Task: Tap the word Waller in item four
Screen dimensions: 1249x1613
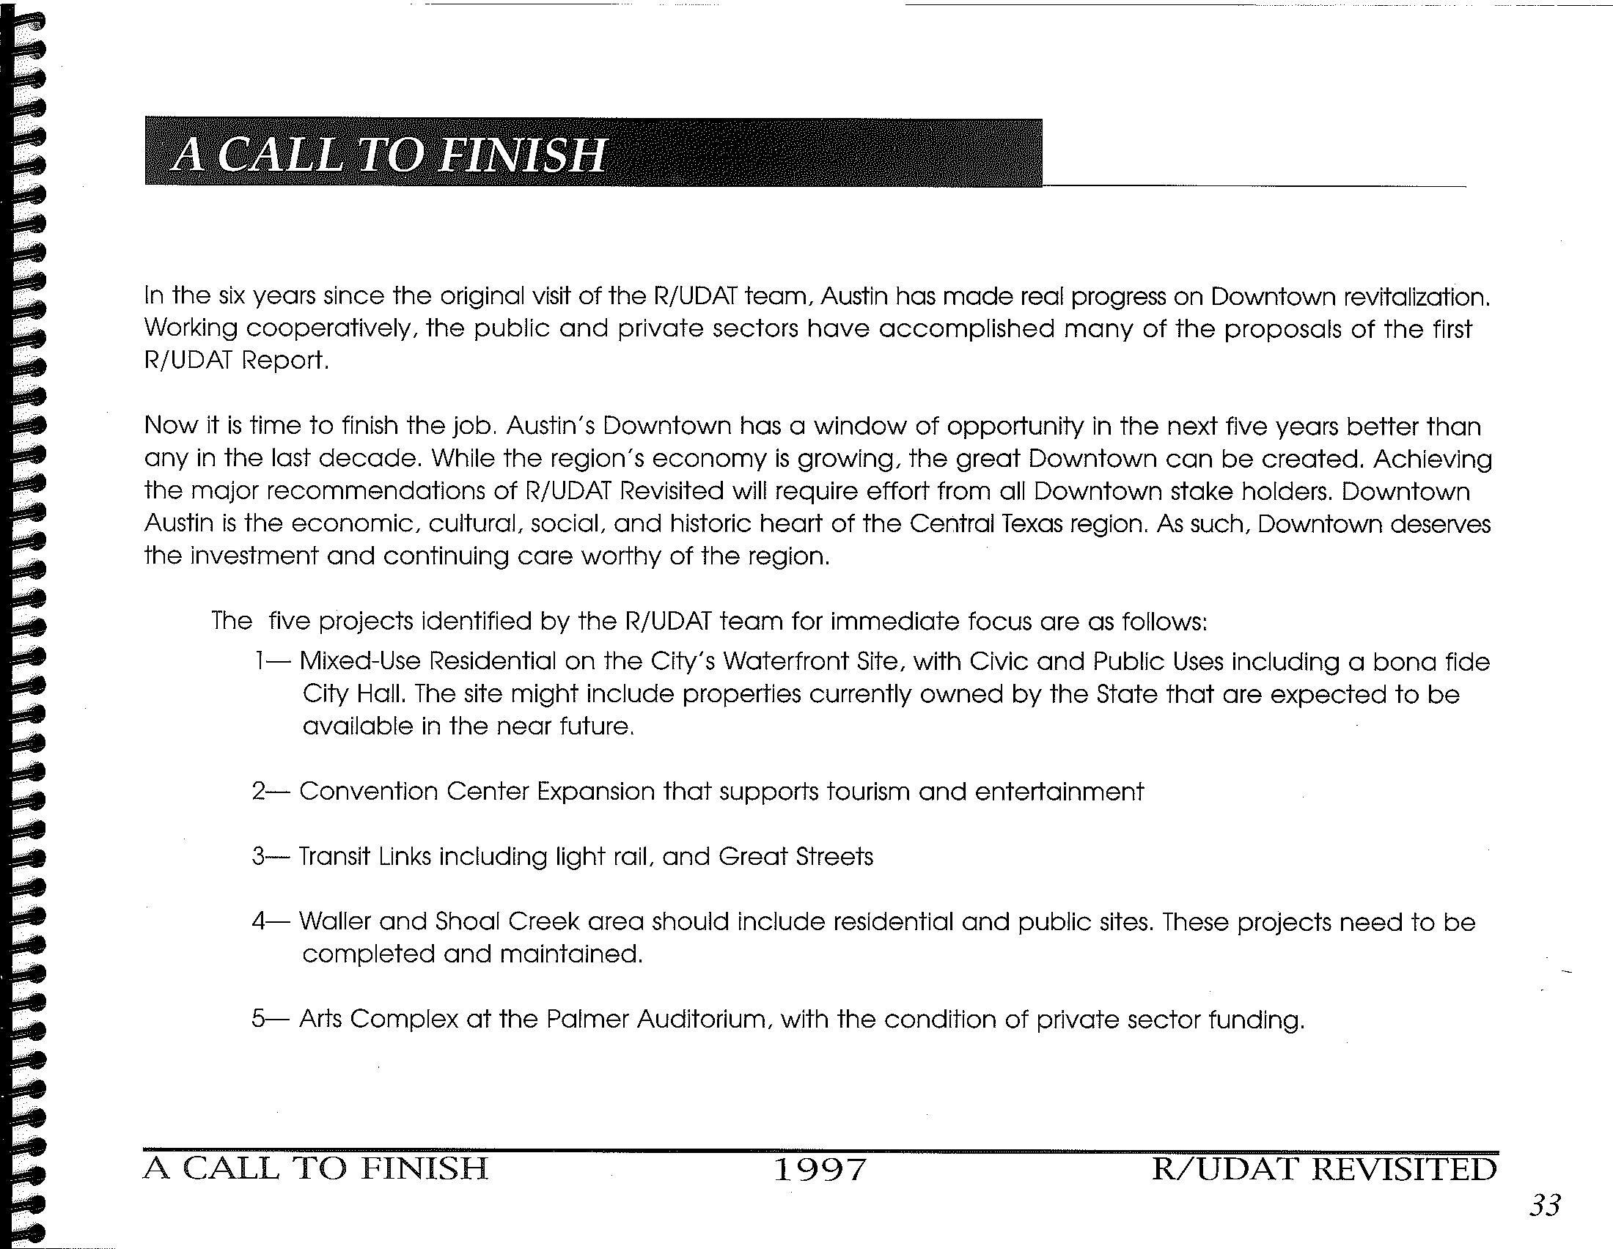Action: click(x=336, y=921)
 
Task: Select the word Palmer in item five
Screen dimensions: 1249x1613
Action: click(x=587, y=1020)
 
